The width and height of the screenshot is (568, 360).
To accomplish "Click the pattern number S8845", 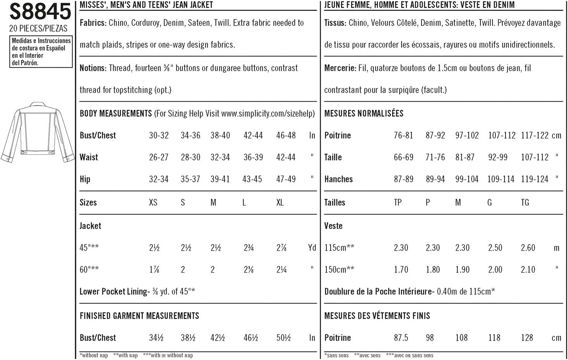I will tap(40, 11).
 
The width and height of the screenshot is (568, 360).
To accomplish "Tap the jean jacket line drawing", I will tap(38, 132).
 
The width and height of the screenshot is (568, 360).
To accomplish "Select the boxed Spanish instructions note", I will tap(41, 52).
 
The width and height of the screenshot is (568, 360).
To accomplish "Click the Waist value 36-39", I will tap(253, 157).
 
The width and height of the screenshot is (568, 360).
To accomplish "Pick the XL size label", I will tap(280, 202).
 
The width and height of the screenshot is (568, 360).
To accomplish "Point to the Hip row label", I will tap(85, 179).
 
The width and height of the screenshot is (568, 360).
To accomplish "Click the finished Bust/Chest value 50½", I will tap(283, 338).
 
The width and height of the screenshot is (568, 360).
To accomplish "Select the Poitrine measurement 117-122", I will tap(535, 135).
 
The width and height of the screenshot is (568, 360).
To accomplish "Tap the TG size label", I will tap(525, 202).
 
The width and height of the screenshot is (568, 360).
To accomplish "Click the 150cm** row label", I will tap(339, 270).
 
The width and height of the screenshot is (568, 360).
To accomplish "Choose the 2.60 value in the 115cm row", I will tap(528, 248).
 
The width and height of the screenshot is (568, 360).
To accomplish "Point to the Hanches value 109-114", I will tap(501, 179).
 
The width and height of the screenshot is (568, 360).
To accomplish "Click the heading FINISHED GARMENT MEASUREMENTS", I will tap(139, 316).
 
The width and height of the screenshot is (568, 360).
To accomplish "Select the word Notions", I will tap(93, 68).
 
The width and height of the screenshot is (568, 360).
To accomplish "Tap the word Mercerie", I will tap(340, 68).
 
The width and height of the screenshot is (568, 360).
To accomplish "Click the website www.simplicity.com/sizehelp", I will tap(268, 114).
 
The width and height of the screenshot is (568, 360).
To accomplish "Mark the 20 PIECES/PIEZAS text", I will tap(38, 28).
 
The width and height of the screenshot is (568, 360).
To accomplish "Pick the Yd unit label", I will tap(312, 248).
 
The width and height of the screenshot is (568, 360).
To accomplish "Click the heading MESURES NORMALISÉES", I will tap(364, 114).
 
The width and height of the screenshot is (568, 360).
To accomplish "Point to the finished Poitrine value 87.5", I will tap(401, 338).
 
